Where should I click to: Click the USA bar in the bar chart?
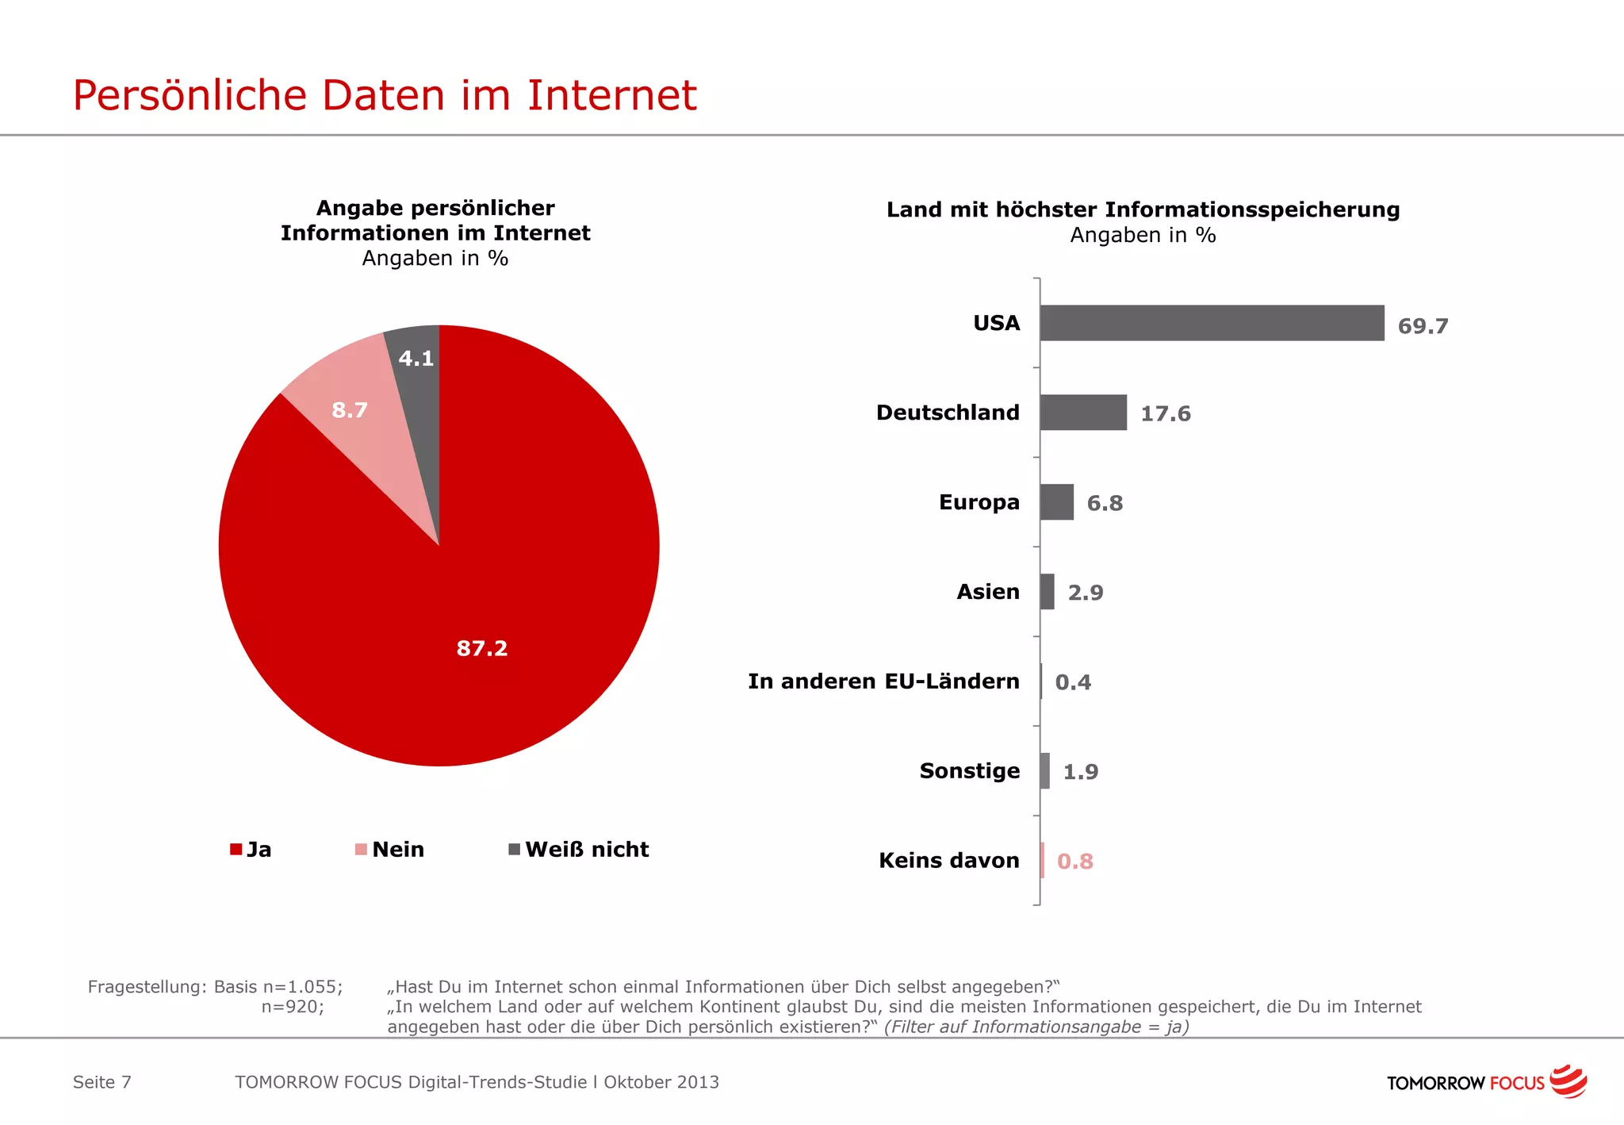1212,323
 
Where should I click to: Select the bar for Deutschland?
1083,413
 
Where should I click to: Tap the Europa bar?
1057,502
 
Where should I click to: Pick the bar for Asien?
1048,592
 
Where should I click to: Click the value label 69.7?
1423,326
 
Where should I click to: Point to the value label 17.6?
1165,413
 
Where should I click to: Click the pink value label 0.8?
1074,862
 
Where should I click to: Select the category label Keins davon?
948,860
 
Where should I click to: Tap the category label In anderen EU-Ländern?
883,682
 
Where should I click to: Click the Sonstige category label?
969,771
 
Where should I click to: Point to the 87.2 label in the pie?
482,648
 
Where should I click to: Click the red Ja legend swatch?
236,850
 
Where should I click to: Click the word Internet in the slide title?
611,95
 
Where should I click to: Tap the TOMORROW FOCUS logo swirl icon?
1568,1081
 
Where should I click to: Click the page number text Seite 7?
101,1082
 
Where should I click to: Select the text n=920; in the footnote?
293,1007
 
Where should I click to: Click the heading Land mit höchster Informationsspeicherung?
1143,209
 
